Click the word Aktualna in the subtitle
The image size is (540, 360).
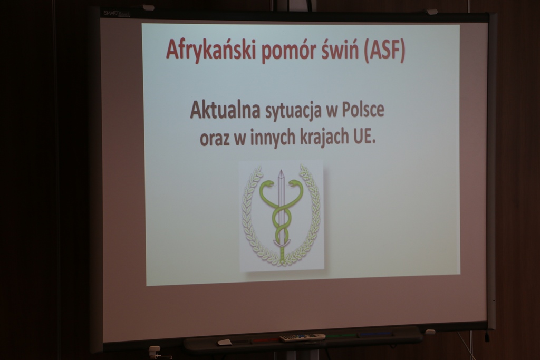click(225, 110)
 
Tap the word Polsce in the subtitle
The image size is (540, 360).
click(363, 111)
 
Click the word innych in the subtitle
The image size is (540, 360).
click(273, 138)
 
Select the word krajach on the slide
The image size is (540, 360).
click(324, 138)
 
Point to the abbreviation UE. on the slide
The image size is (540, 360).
click(364, 137)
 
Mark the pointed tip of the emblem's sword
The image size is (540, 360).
click(281, 170)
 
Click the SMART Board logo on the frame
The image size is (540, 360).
click(117, 14)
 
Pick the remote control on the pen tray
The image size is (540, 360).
click(302, 338)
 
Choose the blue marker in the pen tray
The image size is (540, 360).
click(375, 334)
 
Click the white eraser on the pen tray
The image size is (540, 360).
click(225, 342)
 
